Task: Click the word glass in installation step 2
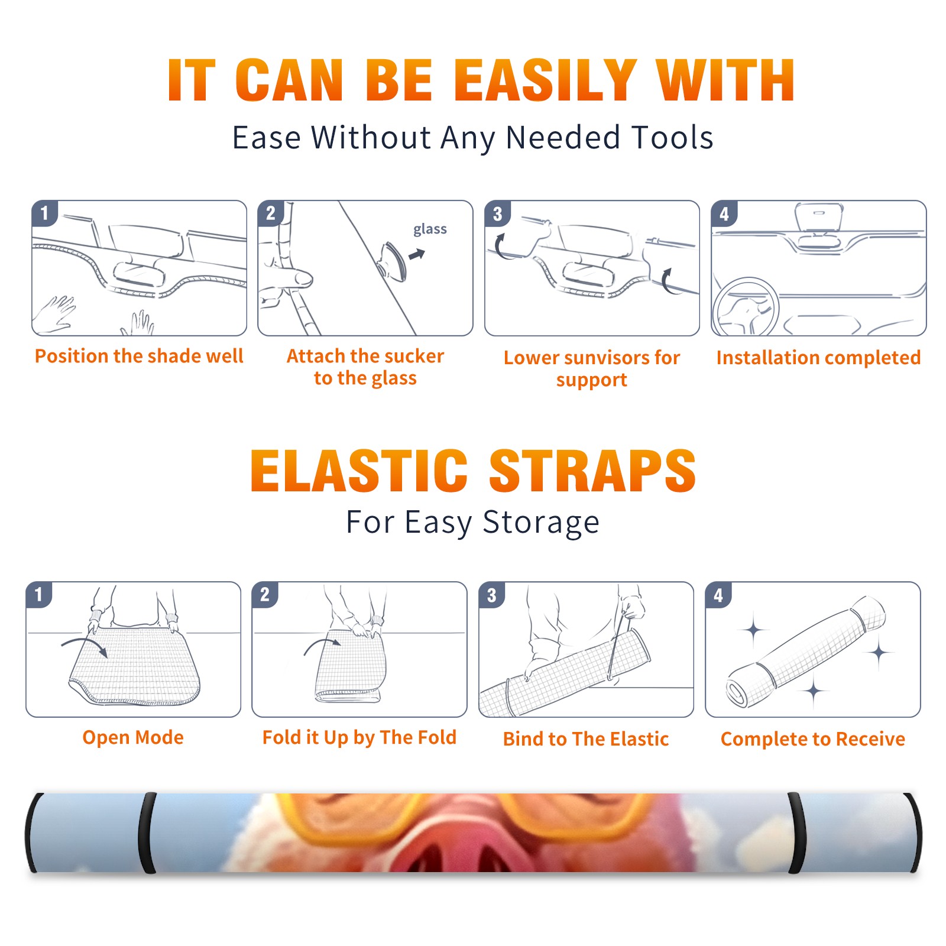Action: point(430,229)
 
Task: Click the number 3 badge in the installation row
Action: point(497,213)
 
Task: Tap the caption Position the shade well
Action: point(139,356)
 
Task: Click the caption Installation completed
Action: point(818,357)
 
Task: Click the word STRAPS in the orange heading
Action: point(592,471)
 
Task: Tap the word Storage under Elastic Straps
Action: point(541,523)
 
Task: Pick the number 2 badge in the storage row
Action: point(265,594)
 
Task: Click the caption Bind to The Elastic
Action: point(585,738)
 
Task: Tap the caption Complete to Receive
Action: point(812,739)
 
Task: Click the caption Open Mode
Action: point(133,737)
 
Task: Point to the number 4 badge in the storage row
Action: point(718,594)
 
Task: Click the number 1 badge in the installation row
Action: point(44,213)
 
